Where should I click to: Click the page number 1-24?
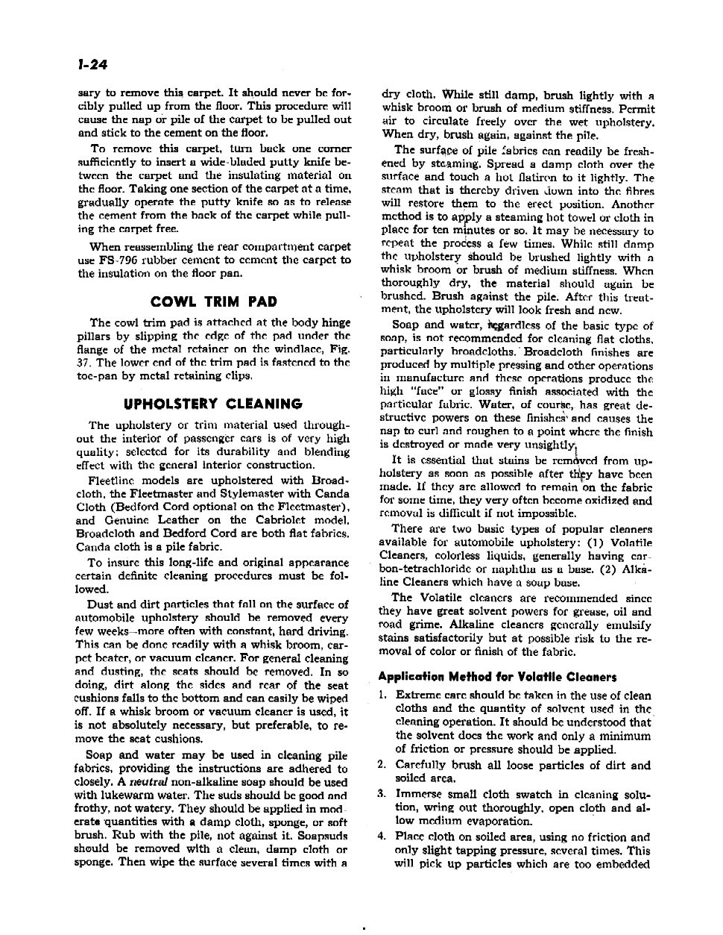pos(93,65)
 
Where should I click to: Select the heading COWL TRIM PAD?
pos(213,301)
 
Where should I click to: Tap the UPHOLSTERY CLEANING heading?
pos(212,404)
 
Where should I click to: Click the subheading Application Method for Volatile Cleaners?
pos(497,677)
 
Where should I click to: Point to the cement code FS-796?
pos(113,260)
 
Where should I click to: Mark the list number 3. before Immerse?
pos(381,794)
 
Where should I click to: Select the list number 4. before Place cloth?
pos(381,837)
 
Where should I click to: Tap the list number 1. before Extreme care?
pos(381,695)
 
